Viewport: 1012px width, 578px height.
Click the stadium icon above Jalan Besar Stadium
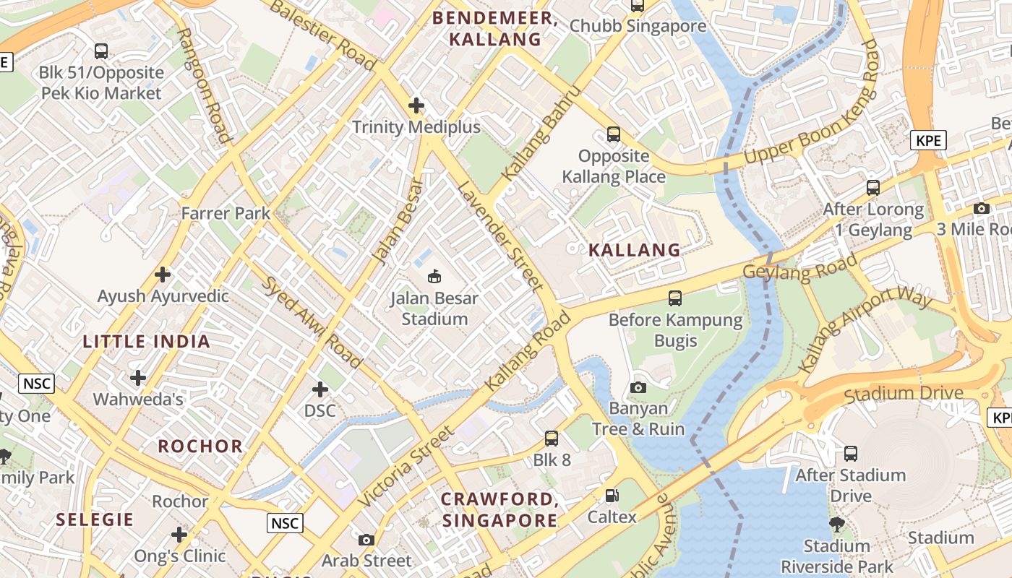pyautogui.click(x=434, y=276)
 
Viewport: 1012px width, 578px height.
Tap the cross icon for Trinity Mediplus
pyautogui.click(x=416, y=106)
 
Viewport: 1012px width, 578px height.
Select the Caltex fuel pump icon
pyautogui.click(x=612, y=496)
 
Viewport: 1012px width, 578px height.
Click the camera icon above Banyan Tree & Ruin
pyautogui.click(x=638, y=387)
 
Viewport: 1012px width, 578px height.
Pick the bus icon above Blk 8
pyautogui.click(x=552, y=438)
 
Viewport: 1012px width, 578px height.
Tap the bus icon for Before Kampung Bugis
pyautogui.click(x=675, y=298)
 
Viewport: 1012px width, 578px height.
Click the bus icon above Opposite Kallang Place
pyautogui.click(x=614, y=134)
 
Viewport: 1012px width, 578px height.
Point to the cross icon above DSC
pyautogui.click(x=320, y=389)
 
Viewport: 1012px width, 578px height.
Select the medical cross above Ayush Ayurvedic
pyautogui.click(x=163, y=275)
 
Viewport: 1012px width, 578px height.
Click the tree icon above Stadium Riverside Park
pyautogui.click(x=837, y=524)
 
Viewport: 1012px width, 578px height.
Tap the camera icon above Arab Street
pyautogui.click(x=366, y=540)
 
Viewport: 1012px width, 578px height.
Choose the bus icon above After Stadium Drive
pyautogui.click(x=851, y=454)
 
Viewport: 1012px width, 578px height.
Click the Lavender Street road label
pyautogui.click(x=500, y=236)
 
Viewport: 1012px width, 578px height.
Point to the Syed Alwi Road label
pyautogui.click(x=312, y=322)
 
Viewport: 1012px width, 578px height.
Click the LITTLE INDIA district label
pyautogui.click(x=147, y=342)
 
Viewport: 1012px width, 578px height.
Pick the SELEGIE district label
pyautogui.click(x=95, y=519)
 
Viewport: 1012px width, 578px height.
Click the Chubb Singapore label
pyautogui.click(x=638, y=27)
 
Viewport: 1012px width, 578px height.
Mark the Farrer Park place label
pyautogui.click(x=226, y=213)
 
